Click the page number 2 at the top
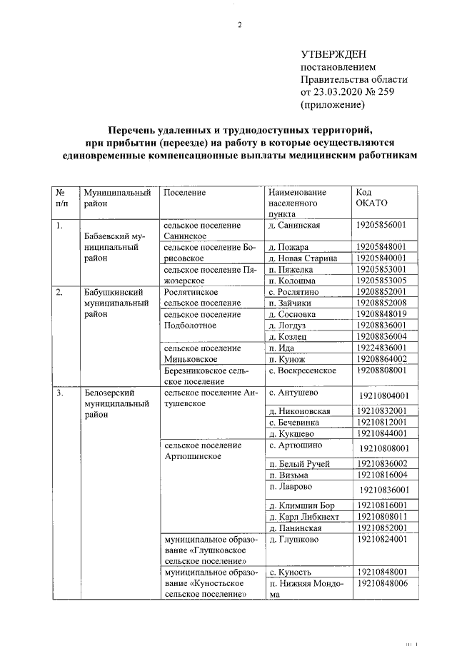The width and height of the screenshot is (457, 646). point(240,26)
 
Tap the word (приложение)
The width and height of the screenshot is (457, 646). point(333,105)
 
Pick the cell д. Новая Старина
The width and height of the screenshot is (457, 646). point(298,258)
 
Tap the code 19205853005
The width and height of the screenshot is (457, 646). point(381,281)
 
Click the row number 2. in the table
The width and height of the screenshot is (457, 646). point(60,292)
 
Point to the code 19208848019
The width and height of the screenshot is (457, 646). point(381,314)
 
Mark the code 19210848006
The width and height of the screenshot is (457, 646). point(383,583)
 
